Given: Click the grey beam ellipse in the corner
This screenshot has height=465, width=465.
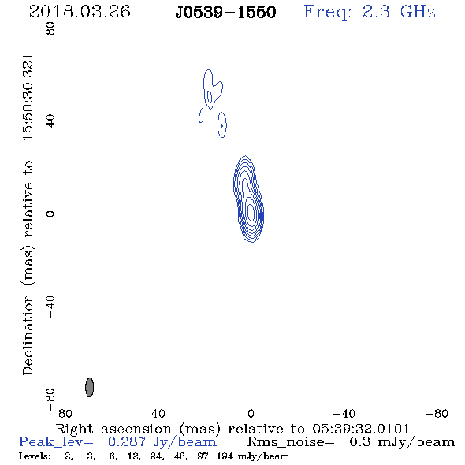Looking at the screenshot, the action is pos(89,387).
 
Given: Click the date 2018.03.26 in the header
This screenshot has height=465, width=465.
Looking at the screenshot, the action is pos(80,12).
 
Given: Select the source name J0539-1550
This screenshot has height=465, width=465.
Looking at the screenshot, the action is pos(225,13).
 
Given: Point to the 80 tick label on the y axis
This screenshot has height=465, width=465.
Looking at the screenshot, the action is pos(50,28).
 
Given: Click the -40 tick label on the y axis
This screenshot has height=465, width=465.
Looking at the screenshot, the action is pos(50,307).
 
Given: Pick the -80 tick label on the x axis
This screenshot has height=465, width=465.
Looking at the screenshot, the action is pos(437,413).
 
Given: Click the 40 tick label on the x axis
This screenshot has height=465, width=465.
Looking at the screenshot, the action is pos(158,413).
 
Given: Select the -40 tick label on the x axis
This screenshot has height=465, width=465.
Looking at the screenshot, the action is pos(344,413).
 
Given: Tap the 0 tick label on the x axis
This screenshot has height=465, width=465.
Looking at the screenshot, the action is pos(251,413).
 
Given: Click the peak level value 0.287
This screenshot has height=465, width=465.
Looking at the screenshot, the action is pos(127,442).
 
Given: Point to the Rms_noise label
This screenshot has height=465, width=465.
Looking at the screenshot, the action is pos(291,442).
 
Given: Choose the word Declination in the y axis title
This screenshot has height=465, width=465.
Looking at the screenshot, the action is pos(28,335).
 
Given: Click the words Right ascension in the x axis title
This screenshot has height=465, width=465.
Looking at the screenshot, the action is pos(113,429).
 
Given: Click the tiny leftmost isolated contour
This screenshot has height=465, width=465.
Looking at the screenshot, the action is pos(201,115).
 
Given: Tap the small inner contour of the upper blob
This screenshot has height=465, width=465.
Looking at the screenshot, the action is pos(210,97).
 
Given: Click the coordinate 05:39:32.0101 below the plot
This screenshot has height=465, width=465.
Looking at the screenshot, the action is pos(361,429).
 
